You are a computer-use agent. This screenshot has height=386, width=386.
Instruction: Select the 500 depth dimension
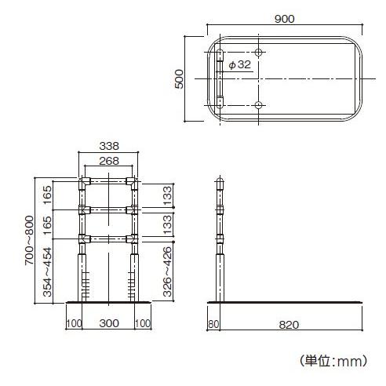coord(179,78)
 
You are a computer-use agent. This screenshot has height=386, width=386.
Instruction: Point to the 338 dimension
coord(109,145)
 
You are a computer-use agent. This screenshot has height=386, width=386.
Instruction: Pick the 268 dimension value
coord(109,160)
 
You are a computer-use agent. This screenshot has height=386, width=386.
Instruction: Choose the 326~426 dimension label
coord(167,272)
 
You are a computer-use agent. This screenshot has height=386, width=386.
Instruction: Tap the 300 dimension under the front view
coord(109,323)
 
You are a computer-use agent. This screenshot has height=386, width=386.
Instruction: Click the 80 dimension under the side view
coord(213,323)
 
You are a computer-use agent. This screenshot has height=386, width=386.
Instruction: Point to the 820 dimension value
coord(289,323)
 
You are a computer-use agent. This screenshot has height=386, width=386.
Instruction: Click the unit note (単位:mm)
coord(333,362)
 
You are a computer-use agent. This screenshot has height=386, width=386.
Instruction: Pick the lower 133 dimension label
coord(167,225)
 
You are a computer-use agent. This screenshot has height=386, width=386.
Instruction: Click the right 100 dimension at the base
coord(144,323)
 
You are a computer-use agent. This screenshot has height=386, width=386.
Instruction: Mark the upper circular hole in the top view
coord(260,53)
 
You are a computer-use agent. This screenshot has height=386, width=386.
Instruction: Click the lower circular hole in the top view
coord(260,104)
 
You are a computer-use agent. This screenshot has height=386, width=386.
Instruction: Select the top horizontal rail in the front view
coord(109,180)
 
